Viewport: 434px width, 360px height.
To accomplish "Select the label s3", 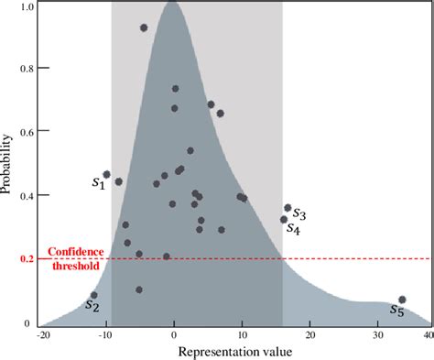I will click(299, 214).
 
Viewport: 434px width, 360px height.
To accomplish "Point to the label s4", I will click(293, 229).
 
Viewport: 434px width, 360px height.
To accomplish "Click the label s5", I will click(396, 311).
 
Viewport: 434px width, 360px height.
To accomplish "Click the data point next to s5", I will click(402, 300).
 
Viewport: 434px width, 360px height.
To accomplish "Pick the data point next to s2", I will click(93, 295).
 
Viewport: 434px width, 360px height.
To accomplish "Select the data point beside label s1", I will click(107, 174).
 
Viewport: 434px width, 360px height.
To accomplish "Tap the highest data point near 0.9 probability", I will click(144, 27).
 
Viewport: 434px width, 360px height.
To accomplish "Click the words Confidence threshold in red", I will click(74, 258).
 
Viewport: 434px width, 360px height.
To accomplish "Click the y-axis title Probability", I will click(8, 165).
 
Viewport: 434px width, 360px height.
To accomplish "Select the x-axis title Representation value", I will click(236, 351).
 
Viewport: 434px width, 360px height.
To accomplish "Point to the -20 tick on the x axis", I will click(42, 336).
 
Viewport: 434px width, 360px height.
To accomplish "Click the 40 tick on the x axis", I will click(426, 336).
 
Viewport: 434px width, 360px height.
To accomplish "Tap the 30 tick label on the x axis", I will click(378, 336).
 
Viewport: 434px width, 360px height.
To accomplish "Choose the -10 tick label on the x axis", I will click(107, 336).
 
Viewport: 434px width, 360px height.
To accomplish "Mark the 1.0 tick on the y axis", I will click(27, 6).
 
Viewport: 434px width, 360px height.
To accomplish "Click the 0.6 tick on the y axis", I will click(27, 132).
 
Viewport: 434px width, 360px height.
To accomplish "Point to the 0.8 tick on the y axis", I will click(27, 69).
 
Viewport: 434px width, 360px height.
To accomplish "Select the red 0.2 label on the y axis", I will click(27, 259).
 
